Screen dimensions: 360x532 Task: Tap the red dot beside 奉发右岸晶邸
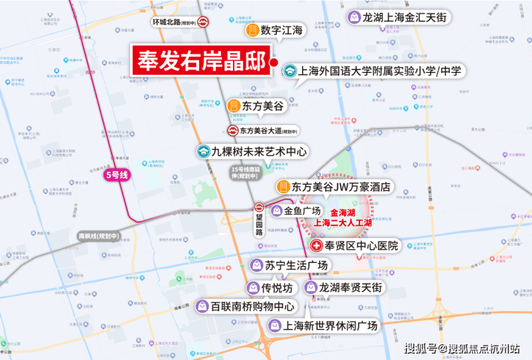click(x=274, y=63)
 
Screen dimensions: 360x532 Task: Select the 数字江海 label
click(x=283, y=31)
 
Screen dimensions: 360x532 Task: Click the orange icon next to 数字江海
click(x=252, y=31)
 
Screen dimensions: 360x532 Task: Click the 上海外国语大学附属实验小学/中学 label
click(x=382, y=71)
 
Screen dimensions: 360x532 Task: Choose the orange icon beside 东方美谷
click(x=234, y=106)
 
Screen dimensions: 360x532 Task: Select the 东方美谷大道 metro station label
click(x=267, y=131)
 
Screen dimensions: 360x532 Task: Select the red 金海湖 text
click(x=344, y=213)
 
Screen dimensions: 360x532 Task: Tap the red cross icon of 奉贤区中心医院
click(x=316, y=246)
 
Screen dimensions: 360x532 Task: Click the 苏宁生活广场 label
click(x=295, y=266)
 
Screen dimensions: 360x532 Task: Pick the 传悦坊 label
click(x=277, y=287)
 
